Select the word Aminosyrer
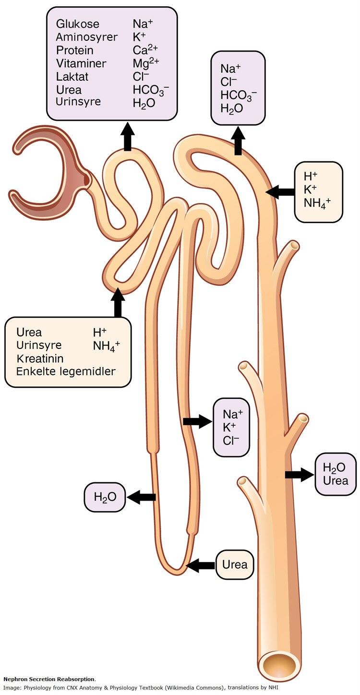pyautogui.click(x=86, y=37)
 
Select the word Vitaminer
pyautogui.click(x=81, y=63)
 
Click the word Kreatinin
pyautogui.click(x=40, y=358)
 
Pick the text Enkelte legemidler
pyautogui.click(x=66, y=371)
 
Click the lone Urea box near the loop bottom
pyautogui.click(x=235, y=564)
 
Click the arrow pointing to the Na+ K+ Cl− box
pyautogui.click(x=197, y=421)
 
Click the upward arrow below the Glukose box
pyautogui.click(x=127, y=137)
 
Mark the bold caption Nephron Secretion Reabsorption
pyautogui.click(x=49, y=679)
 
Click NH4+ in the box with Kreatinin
pyautogui.click(x=107, y=346)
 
